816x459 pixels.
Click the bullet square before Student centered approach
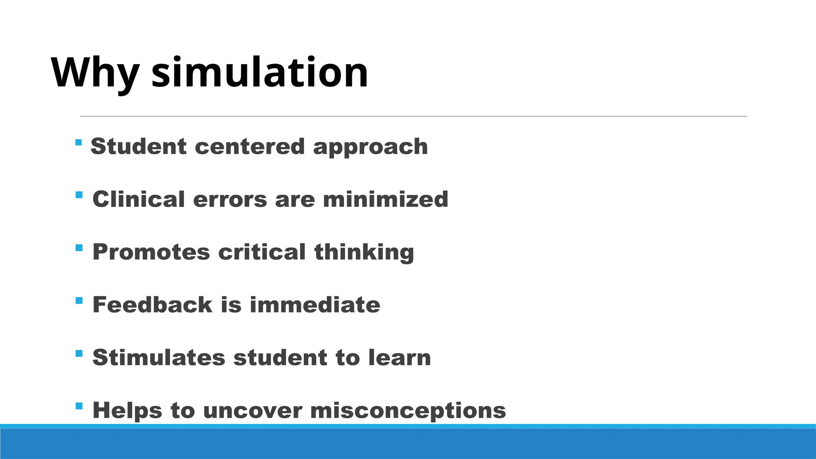(78, 142)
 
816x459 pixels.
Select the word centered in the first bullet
(249, 147)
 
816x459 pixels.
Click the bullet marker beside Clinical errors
(79, 195)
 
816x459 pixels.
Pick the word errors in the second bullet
(230, 199)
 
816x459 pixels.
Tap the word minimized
(385, 199)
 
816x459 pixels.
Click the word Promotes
(151, 252)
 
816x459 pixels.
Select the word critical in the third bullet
(262, 252)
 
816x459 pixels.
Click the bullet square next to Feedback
(79, 300)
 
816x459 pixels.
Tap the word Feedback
(152, 305)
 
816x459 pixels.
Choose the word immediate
(315, 305)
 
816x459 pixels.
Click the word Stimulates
(159, 357)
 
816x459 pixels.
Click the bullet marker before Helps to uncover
(79, 406)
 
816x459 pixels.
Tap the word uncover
(252, 411)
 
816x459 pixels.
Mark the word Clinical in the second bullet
(138, 199)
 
